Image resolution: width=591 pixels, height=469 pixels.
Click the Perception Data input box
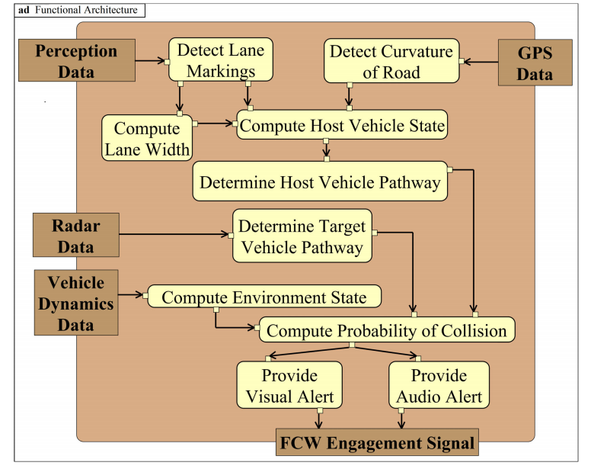point(76,62)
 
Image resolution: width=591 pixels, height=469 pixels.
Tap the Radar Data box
point(76,235)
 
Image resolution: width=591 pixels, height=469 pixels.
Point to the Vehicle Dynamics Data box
point(76,304)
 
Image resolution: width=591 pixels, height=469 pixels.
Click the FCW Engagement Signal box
point(377,443)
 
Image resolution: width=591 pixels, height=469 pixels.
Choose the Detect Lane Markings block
point(220,61)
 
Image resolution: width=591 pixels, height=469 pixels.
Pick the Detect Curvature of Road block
point(391,62)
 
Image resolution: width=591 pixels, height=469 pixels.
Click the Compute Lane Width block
point(147,138)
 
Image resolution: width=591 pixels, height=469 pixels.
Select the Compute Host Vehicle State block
point(340,124)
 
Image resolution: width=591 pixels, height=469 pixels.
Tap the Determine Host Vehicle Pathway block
point(320,182)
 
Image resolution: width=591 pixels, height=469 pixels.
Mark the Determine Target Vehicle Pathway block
point(302,236)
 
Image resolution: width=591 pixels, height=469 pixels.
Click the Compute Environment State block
point(264,297)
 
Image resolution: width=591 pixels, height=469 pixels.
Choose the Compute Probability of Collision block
point(387,330)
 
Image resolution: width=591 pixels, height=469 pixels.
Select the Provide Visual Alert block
point(289,386)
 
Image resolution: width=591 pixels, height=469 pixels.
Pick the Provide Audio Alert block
point(439,386)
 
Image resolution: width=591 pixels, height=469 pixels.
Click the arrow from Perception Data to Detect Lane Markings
point(151,59)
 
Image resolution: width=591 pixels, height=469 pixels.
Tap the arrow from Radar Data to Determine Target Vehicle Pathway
point(175,236)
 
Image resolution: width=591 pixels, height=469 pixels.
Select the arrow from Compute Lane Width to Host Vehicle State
point(216,121)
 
